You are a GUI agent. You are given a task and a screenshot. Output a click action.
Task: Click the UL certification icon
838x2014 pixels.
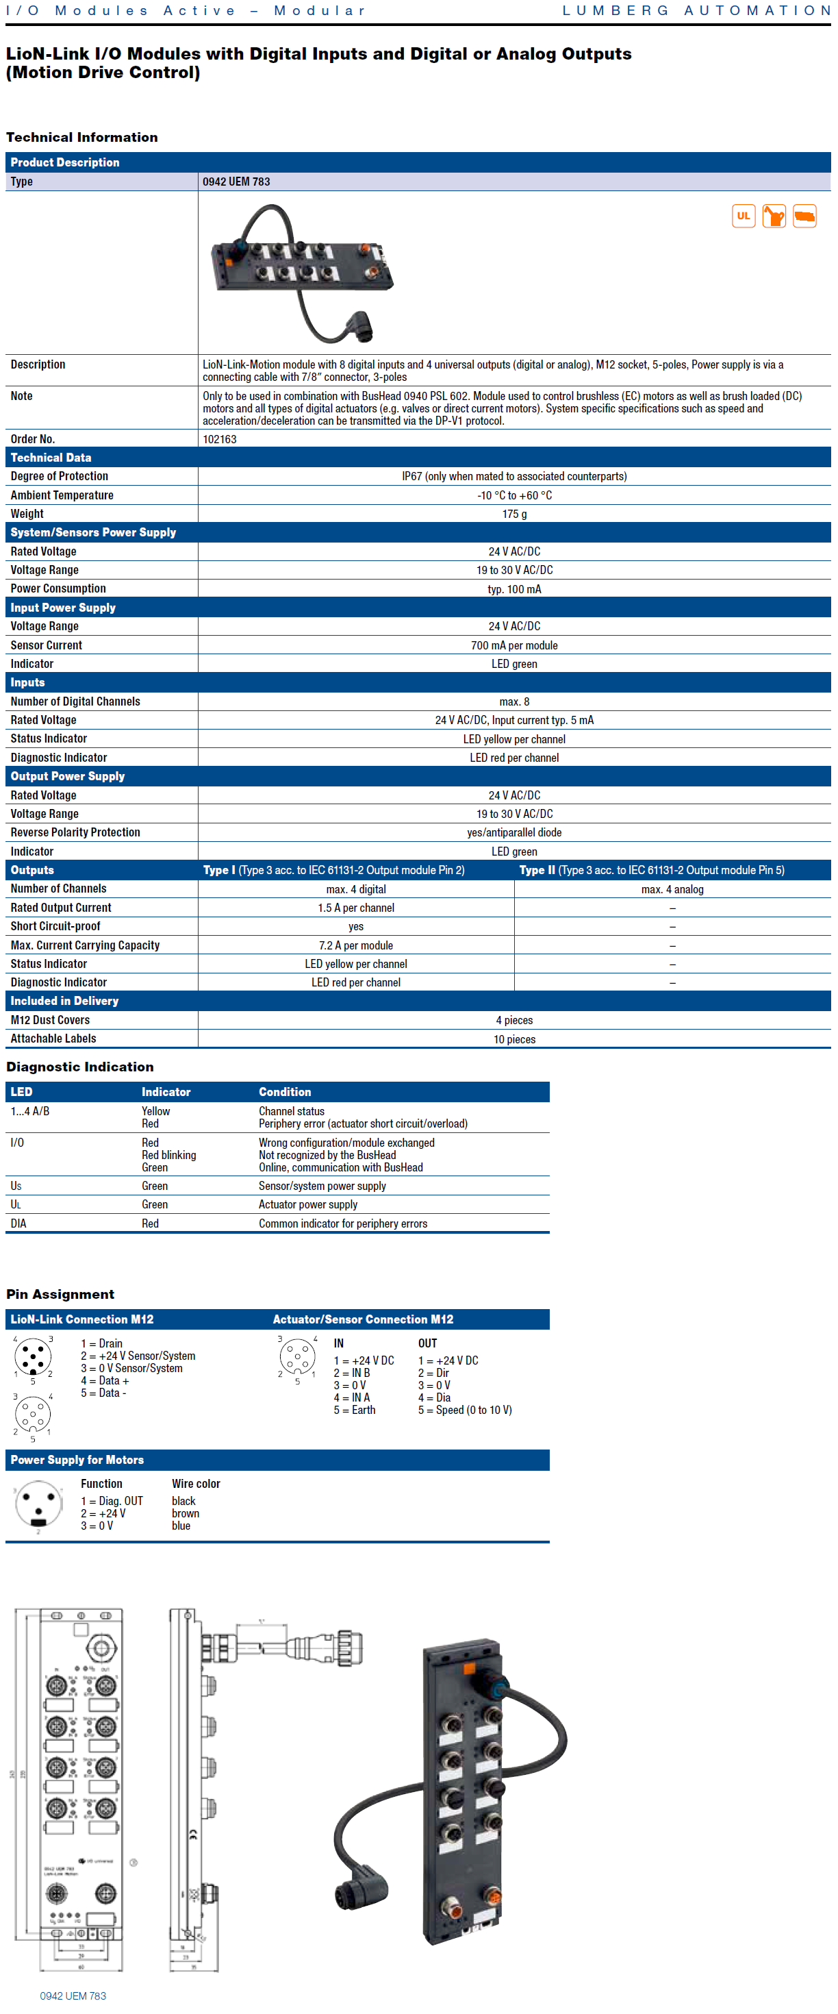pyautogui.click(x=743, y=216)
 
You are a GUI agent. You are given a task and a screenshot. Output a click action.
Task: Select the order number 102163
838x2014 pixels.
pyautogui.click(x=220, y=439)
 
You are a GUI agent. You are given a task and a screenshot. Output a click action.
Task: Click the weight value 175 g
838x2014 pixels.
pyautogui.click(x=514, y=514)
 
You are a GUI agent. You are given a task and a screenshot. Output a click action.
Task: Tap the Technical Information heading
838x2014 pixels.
pyautogui.click(x=82, y=138)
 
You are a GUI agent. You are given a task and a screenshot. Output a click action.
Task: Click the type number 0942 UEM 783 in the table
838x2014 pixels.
pyautogui.click(x=236, y=182)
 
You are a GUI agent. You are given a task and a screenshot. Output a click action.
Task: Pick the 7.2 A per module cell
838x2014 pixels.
pyautogui.click(x=356, y=945)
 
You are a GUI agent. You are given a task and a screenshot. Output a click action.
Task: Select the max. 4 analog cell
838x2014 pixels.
pyautogui.click(x=672, y=890)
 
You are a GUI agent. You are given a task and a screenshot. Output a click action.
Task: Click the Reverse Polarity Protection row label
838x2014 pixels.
pyautogui.click(x=75, y=832)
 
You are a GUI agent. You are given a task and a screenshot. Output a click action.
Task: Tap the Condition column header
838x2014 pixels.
pyautogui.click(x=285, y=1092)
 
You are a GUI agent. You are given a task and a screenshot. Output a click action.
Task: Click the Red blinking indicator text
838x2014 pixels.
pyautogui.click(x=169, y=1156)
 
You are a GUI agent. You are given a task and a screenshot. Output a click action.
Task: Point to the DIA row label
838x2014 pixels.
pyautogui.click(x=18, y=1223)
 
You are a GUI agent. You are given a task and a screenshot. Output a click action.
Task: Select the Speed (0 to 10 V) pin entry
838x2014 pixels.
pyautogui.click(x=465, y=1410)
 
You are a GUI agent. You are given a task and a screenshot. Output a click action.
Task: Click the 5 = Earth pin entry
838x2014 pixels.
pyautogui.click(x=354, y=1410)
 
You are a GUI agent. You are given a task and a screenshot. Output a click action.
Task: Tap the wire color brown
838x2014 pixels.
pyautogui.click(x=186, y=1514)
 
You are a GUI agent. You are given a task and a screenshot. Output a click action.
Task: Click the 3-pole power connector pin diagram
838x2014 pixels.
pyautogui.click(x=38, y=1506)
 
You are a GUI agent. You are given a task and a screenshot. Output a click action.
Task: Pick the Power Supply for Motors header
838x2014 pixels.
pyautogui.click(x=77, y=1460)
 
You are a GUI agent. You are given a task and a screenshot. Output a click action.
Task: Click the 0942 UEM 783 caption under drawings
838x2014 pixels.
pyautogui.click(x=73, y=1996)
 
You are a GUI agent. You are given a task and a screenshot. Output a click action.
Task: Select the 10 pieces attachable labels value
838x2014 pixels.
pyautogui.click(x=514, y=1039)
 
